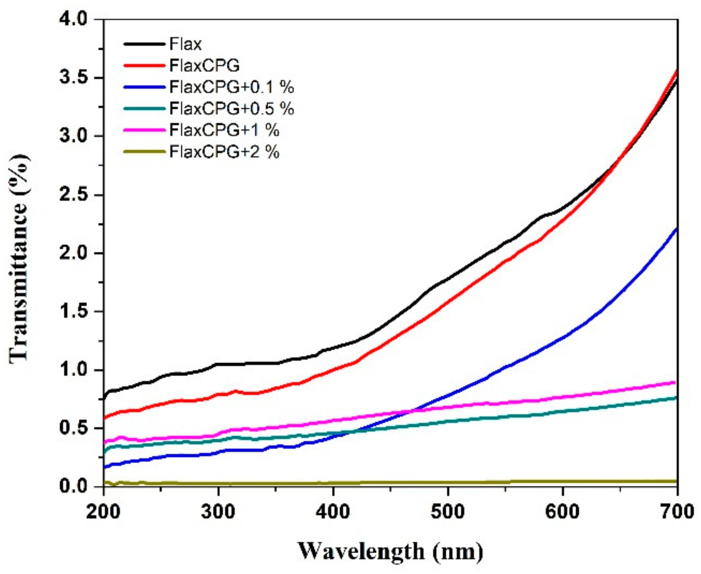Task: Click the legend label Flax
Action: click(185, 44)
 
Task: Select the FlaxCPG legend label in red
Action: click(204, 66)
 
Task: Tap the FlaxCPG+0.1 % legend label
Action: click(231, 87)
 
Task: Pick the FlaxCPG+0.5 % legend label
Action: click(231, 108)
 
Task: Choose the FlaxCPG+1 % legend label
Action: click(224, 130)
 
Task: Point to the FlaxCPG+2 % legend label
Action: click(224, 151)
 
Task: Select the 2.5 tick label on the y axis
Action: click(74, 195)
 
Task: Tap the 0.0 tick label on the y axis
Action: click(74, 487)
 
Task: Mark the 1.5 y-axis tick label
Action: click(74, 312)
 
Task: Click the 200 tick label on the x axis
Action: click(104, 512)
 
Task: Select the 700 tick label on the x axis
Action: click(677, 512)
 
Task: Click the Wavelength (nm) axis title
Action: click(390, 552)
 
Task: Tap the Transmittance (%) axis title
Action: click(19, 258)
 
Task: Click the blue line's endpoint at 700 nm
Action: click(676, 229)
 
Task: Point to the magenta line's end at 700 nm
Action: click(675, 382)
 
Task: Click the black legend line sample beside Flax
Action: click(144, 44)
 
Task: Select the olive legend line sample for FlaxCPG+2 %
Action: click(144, 151)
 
